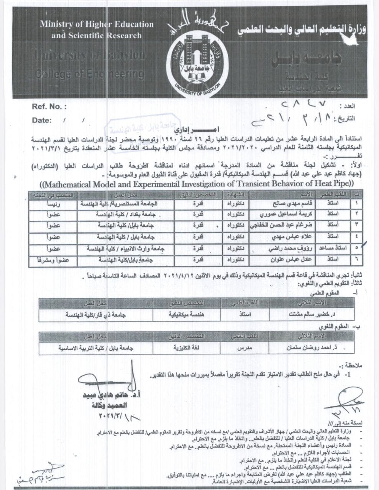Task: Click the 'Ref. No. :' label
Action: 49,107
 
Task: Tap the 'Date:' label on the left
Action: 42,120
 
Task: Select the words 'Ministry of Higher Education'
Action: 97,24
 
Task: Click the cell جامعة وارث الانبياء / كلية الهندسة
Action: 126,248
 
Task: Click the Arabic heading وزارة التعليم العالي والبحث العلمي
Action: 300,29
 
